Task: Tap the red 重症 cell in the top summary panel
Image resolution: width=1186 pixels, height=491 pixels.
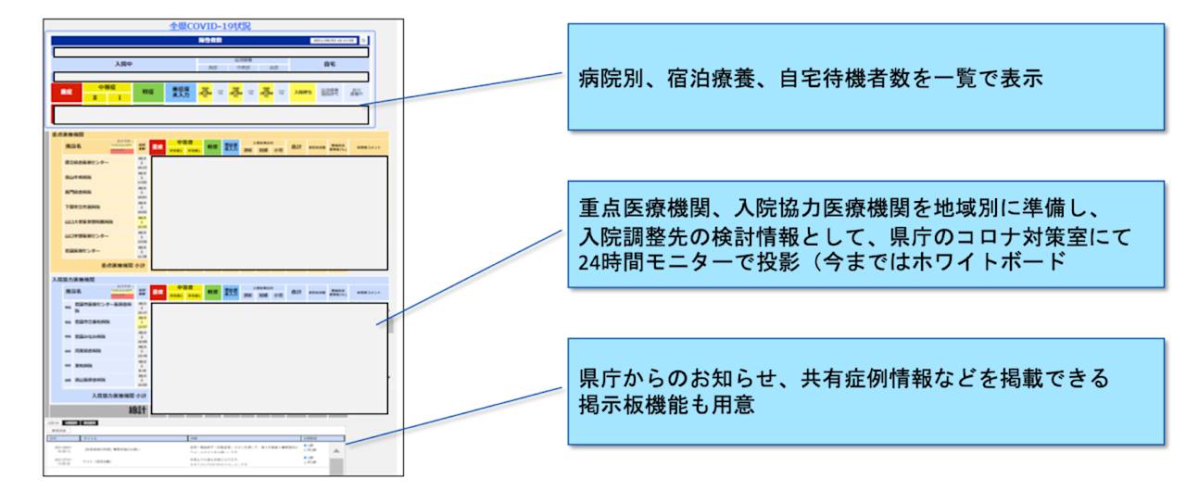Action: coord(66,93)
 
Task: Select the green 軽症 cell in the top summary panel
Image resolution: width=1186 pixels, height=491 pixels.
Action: coord(147,93)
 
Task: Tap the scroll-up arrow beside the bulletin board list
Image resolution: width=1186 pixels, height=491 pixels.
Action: coord(335,451)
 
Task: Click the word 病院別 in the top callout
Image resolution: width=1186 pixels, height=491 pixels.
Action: coord(605,80)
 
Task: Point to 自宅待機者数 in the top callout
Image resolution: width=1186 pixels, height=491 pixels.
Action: coord(790,80)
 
